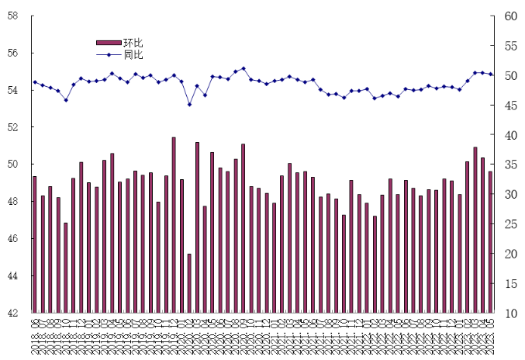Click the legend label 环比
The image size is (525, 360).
pyautogui.click(x=133, y=43)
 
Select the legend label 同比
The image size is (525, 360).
pyautogui.click(x=133, y=54)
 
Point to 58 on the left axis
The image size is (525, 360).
pyautogui.click(x=13, y=16)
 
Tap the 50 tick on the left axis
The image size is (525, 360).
pyautogui.click(x=13, y=164)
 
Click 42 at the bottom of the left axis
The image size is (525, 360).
pyautogui.click(x=13, y=313)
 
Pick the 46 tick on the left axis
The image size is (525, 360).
pyautogui.click(x=13, y=239)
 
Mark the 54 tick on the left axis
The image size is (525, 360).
pyautogui.click(x=13, y=91)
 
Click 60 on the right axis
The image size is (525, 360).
pyautogui.click(x=510, y=16)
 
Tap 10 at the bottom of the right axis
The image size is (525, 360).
pyautogui.click(x=510, y=313)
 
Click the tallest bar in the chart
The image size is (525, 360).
pyautogui.click(x=174, y=225)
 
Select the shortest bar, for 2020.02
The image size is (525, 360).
pyautogui.click(x=189, y=283)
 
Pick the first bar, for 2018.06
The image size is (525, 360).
pyautogui.click(x=35, y=244)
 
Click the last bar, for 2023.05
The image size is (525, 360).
pyautogui.click(x=490, y=242)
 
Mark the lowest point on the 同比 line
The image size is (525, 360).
pyautogui.click(x=189, y=104)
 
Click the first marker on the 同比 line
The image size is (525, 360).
pyautogui.click(x=35, y=82)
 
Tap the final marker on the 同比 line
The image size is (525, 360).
pyautogui.click(x=490, y=74)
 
